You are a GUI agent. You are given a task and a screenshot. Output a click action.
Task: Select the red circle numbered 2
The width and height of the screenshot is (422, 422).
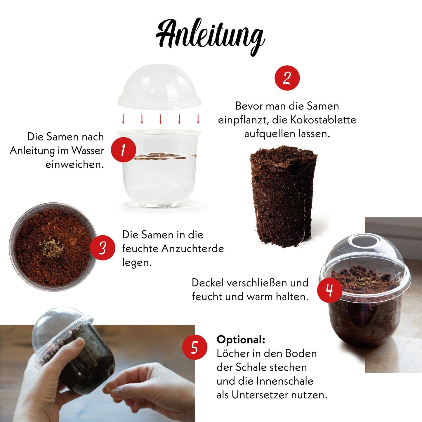pos(287,78)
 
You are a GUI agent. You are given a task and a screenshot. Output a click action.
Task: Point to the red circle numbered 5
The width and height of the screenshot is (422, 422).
pos(194,347)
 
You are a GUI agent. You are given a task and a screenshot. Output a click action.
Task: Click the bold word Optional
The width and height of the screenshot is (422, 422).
pos(241,340)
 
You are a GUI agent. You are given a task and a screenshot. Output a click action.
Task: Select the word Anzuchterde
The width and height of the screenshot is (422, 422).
pos(192,249)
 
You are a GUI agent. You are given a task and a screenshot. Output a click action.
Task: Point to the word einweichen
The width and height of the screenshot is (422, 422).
pos(74,164)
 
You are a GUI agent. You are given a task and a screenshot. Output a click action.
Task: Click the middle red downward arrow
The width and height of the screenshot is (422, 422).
pos(161,119)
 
